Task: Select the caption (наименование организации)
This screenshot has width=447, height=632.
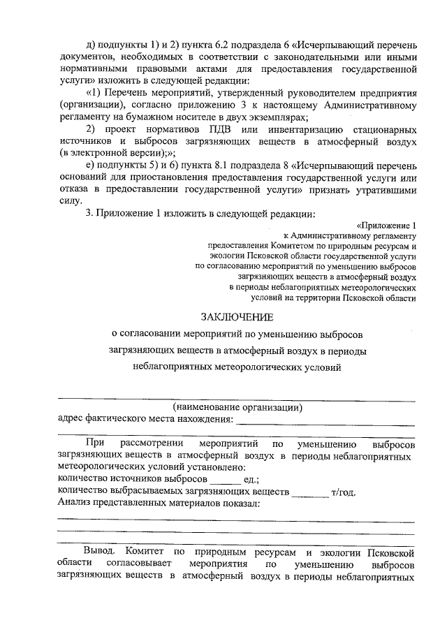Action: pyautogui.click(x=237, y=406)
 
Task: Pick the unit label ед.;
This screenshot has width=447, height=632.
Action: pyautogui.click(x=251, y=480)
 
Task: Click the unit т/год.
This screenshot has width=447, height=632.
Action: pyautogui.click(x=343, y=491)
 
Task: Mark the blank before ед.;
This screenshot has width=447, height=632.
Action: pyautogui.click(x=225, y=481)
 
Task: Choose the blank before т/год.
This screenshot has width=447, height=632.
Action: pyautogui.click(x=310, y=492)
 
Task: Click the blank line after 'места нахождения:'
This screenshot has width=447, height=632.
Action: pyautogui.click(x=325, y=420)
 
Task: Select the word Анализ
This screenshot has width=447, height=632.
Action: pyautogui.click(x=76, y=503)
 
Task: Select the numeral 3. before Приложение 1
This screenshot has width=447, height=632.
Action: pyautogui.click(x=89, y=213)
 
